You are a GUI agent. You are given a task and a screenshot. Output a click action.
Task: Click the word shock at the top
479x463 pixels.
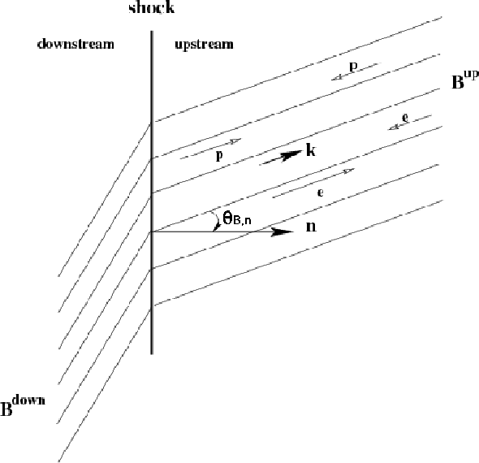152,7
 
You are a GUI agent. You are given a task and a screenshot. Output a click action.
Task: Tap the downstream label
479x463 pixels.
76,44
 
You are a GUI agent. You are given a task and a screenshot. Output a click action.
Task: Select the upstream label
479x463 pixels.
204,45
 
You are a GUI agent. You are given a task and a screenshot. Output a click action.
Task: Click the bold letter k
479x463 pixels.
311,150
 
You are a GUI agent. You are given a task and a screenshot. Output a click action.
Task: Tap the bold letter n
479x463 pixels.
311,227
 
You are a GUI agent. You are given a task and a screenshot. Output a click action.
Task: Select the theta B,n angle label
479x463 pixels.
237,219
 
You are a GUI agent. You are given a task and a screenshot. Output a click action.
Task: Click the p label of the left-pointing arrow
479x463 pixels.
353,67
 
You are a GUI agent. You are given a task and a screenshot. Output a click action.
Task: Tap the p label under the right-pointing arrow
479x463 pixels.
219,156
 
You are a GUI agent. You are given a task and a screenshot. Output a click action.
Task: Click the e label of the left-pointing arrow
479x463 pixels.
405,118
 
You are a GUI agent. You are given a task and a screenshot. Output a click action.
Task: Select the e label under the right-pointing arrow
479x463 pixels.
320,193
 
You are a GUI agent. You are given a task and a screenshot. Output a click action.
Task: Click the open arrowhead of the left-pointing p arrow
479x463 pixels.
337,78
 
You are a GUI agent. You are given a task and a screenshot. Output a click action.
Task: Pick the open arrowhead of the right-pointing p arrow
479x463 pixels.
235,141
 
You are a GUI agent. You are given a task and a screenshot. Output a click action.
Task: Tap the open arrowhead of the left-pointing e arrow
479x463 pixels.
394,128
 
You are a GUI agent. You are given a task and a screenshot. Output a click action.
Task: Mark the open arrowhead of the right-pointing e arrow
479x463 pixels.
349,171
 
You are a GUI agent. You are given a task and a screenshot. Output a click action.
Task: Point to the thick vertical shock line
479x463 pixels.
152,193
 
